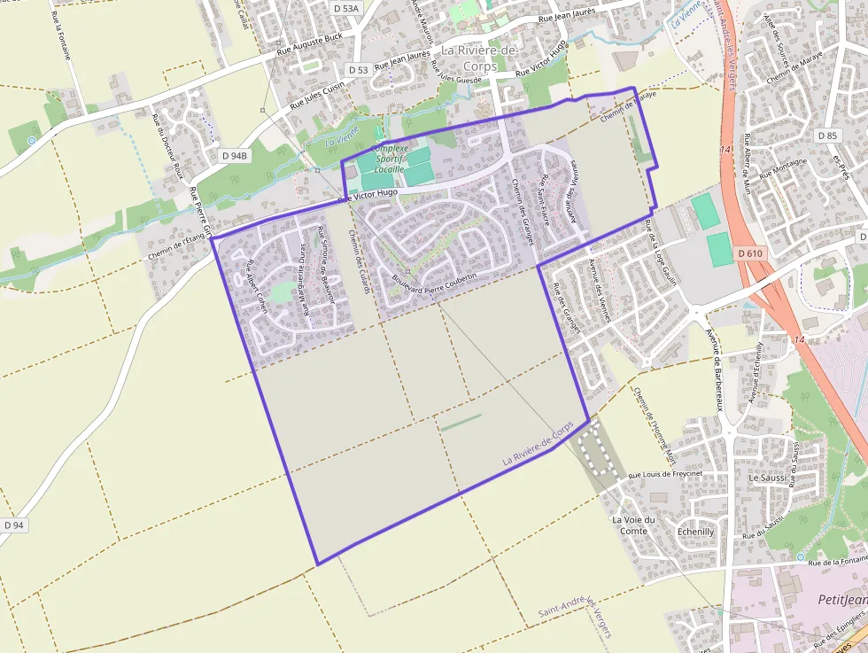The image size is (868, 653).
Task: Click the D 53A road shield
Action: click(x=346, y=8)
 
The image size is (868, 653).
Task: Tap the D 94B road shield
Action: click(x=234, y=155)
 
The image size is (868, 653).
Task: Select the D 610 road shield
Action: click(x=749, y=253)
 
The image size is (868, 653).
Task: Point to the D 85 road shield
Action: click(x=828, y=135)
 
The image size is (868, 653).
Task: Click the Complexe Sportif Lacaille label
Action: click(x=390, y=158)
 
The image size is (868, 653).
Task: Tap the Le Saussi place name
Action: click(x=767, y=478)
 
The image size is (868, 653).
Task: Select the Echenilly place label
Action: click(x=695, y=532)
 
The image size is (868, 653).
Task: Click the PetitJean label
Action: click(x=841, y=600)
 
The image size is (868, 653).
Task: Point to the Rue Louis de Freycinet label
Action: click(x=665, y=475)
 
